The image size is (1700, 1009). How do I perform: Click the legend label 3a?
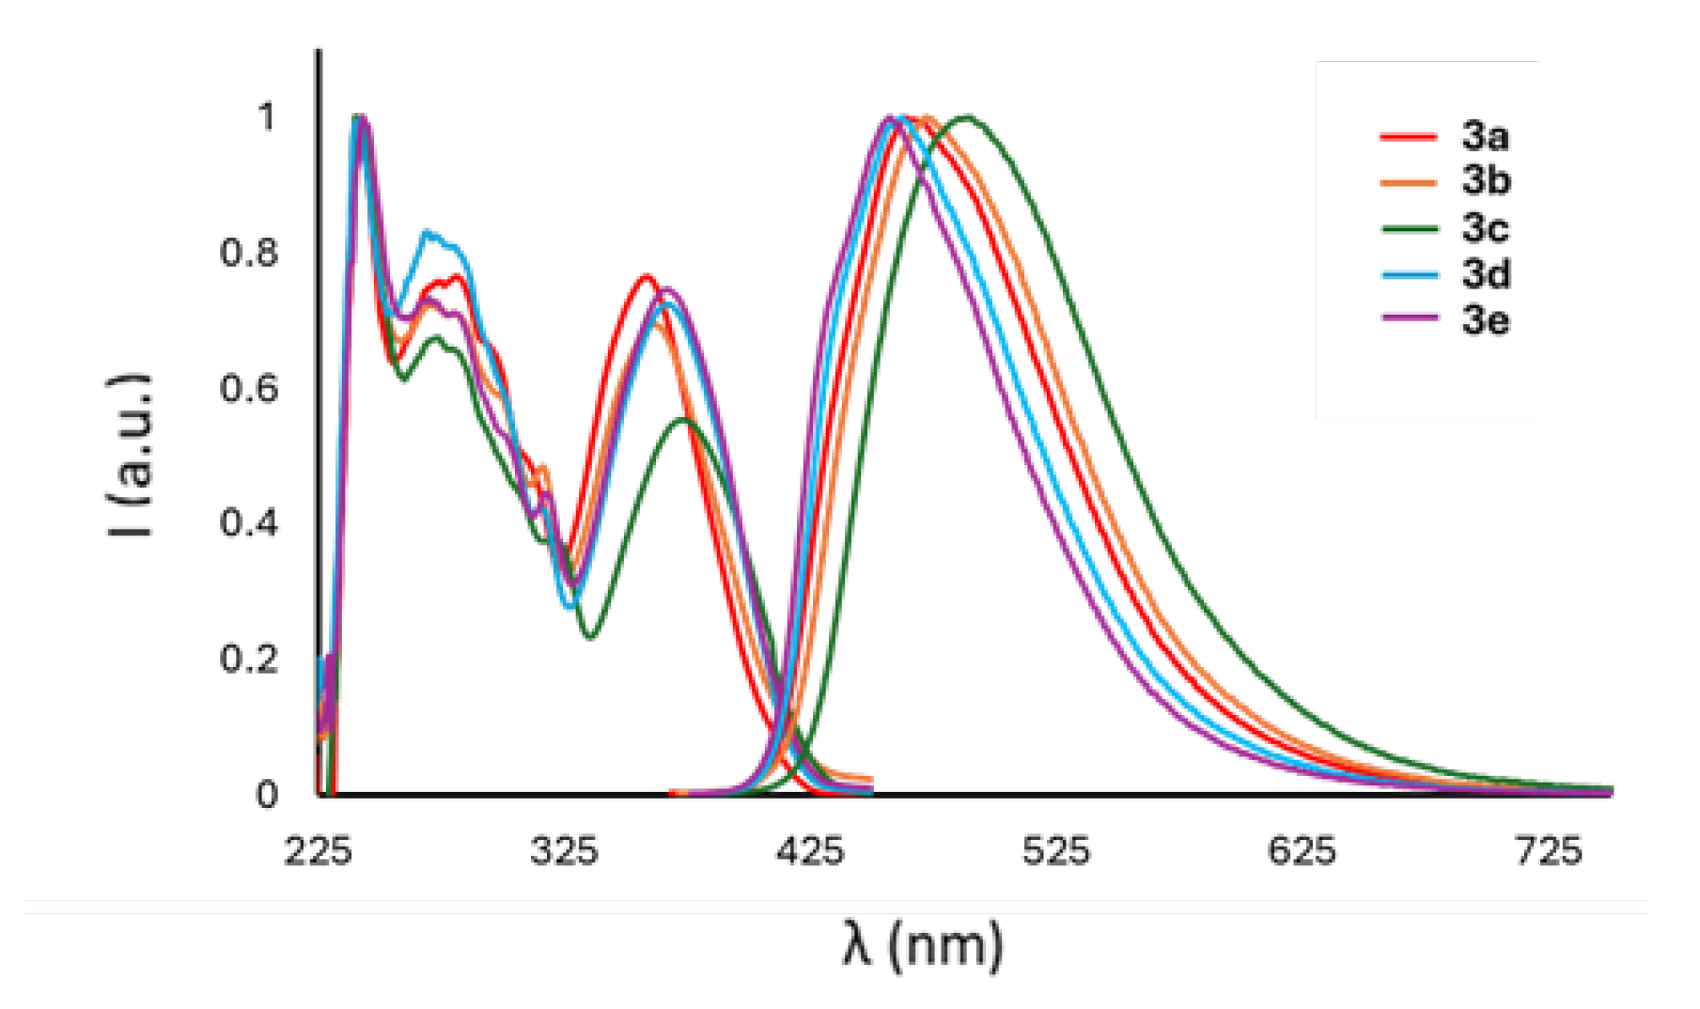[1485, 137]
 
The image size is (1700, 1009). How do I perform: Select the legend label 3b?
[1486, 180]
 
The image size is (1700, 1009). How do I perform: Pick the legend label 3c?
[1485, 227]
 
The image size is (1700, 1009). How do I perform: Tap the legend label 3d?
[1486, 274]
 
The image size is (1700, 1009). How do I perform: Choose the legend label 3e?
[1485, 320]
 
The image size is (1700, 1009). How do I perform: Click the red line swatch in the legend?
[1409, 137]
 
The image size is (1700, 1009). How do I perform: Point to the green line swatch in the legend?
[1409, 228]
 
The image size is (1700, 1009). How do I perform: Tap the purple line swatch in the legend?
[1409, 319]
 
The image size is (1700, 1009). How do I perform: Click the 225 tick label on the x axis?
[318, 851]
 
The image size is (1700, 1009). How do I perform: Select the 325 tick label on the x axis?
[564, 851]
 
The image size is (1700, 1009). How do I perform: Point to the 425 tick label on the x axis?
[810, 851]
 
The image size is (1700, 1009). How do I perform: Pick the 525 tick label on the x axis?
[1056, 851]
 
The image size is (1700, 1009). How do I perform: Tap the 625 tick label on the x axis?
[1302, 851]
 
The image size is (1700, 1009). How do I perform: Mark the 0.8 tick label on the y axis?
[249, 253]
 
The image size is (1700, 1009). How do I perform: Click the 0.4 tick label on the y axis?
[249, 522]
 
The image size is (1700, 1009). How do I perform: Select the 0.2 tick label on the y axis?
[249, 659]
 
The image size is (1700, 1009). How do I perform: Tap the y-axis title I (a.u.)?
[130, 456]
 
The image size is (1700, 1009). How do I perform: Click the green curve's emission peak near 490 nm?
[966, 118]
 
